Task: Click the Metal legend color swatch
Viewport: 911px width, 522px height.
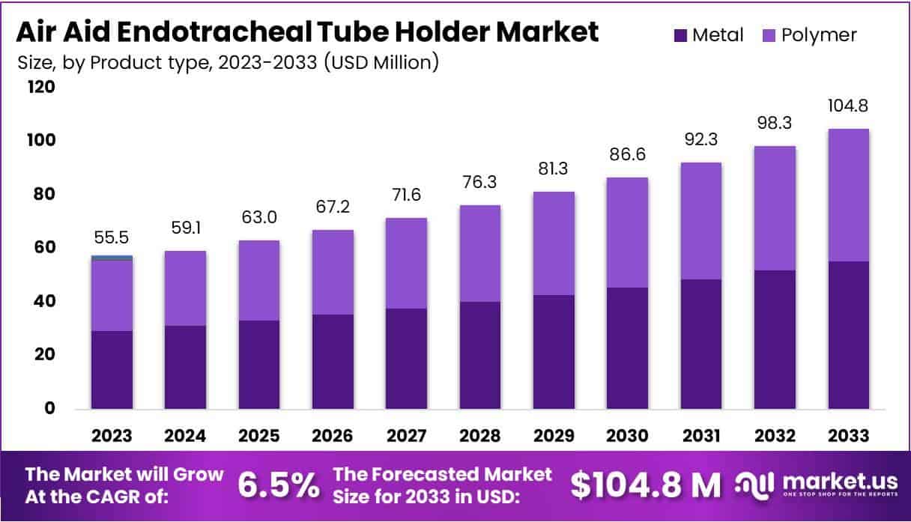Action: pyautogui.click(x=681, y=34)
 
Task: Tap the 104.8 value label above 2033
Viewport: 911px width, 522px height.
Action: pyautogui.click(x=848, y=106)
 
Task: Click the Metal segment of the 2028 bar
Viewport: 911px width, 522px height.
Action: pyautogui.click(x=479, y=355)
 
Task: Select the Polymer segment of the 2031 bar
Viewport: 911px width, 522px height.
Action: pyautogui.click(x=700, y=221)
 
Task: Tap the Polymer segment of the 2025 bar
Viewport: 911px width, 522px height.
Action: pyautogui.click(x=258, y=280)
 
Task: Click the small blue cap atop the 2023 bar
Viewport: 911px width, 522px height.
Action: pyautogui.click(x=112, y=258)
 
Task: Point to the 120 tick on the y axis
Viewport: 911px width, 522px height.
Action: pyautogui.click(x=42, y=88)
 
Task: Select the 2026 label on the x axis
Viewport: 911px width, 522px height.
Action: pyautogui.click(x=333, y=436)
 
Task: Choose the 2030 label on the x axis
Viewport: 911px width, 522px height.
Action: pyautogui.click(x=627, y=436)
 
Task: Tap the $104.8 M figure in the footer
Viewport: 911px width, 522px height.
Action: pyautogui.click(x=644, y=485)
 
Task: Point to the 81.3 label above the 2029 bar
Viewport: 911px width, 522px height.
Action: pyautogui.click(x=554, y=169)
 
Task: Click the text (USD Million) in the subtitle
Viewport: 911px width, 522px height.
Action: pyautogui.click(x=382, y=62)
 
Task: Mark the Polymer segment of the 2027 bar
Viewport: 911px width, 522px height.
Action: pyautogui.click(x=406, y=263)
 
